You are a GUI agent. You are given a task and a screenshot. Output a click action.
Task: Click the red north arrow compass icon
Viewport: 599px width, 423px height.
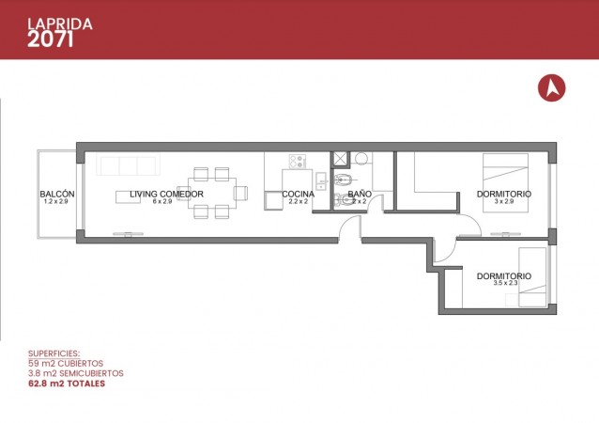(552, 87)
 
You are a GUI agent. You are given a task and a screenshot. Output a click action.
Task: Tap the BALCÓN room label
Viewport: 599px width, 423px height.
(57, 194)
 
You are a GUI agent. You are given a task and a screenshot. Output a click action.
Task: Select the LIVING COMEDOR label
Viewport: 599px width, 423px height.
(166, 194)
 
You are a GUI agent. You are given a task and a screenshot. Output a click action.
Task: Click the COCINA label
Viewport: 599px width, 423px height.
(298, 194)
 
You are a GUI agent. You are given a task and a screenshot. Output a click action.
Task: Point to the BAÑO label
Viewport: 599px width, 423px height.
(360, 194)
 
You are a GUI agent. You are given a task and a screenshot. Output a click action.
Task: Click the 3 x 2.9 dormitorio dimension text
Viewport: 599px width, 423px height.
(504, 201)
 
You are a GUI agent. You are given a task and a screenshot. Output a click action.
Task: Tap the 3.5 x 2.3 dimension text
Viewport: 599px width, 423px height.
(505, 283)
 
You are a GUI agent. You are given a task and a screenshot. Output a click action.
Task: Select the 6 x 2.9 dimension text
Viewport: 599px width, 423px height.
(162, 201)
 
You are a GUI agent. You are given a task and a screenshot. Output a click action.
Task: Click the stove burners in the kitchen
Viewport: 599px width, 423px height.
(298, 161)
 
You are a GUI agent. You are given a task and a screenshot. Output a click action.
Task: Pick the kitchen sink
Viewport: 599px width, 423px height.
(321, 180)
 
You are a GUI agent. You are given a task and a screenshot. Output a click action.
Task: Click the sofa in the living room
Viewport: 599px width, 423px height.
(128, 164)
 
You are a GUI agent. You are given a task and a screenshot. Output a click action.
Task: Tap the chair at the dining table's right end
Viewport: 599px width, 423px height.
(241, 193)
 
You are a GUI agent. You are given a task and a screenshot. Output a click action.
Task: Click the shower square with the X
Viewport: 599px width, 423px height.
(340, 159)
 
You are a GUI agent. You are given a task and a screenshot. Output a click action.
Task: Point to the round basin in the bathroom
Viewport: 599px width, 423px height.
(361, 158)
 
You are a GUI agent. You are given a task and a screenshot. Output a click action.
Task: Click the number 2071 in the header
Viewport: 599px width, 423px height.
(51, 39)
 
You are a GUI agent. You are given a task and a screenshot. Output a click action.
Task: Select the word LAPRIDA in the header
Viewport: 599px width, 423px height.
(60, 24)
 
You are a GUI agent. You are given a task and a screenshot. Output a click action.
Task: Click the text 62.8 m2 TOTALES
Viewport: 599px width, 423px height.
(67, 384)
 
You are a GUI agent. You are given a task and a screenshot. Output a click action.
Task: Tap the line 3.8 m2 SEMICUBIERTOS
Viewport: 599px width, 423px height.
(76, 373)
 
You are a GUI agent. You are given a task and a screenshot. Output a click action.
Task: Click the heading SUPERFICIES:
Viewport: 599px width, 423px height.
(54, 353)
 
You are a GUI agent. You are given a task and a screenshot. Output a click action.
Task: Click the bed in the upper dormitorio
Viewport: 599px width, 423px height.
(505, 182)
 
